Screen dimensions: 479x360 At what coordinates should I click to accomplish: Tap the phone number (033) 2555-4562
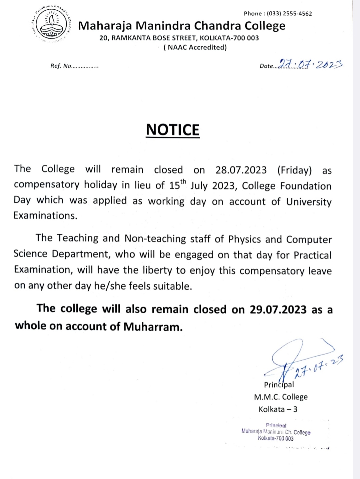[x=289, y=14]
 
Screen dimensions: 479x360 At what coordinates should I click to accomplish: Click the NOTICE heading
[x=173, y=130]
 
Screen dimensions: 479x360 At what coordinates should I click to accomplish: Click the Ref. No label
[x=61, y=66]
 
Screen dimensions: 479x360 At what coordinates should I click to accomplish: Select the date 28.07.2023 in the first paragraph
[x=241, y=170]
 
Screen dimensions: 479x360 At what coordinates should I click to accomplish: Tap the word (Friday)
[x=294, y=170]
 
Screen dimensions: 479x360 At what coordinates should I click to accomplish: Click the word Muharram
[x=153, y=327]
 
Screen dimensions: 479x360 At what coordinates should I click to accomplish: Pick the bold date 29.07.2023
[x=278, y=310]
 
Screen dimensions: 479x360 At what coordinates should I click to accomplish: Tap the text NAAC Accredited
[x=195, y=47]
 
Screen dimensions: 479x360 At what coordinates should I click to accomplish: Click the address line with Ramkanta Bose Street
[x=179, y=38]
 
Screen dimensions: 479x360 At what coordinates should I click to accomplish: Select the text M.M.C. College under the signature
[x=281, y=397]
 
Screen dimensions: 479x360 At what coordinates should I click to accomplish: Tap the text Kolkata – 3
[x=278, y=409]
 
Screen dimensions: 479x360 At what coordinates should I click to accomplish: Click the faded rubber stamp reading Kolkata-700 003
[x=276, y=438]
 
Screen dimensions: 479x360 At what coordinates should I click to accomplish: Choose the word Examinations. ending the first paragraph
[x=45, y=215]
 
